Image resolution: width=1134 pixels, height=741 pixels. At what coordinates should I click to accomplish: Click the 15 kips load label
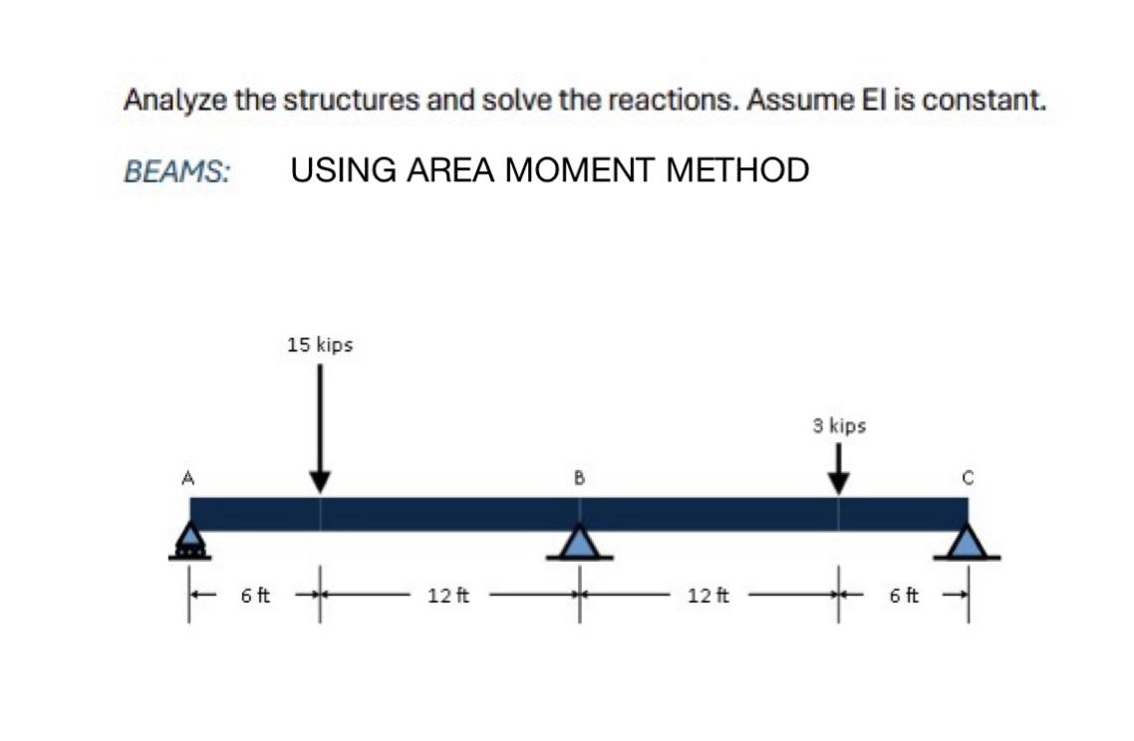pos(319,346)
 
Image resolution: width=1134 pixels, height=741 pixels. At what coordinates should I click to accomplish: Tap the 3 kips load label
pos(838,426)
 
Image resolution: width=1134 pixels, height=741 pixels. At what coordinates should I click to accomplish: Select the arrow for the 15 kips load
pos(319,428)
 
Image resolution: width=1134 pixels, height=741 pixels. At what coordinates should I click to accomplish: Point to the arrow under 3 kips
pos(838,467)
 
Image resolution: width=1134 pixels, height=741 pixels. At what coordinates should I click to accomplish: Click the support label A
pos(186,478)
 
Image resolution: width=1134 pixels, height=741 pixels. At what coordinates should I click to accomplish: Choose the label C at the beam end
pos(966,478)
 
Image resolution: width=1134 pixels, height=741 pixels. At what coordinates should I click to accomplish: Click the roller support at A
pos(189,541)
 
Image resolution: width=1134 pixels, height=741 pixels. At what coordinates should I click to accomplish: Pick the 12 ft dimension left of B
pos(442,597)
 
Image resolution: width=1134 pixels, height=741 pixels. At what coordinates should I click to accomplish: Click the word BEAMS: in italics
pos(177,171)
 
